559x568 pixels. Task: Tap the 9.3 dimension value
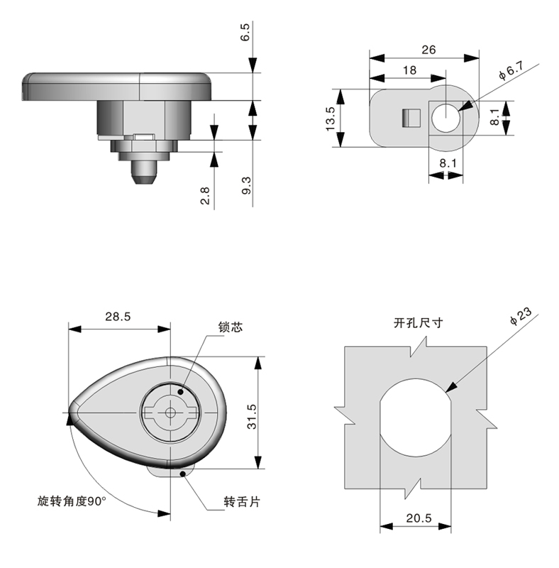point(245,187)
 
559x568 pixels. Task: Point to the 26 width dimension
point(428,50)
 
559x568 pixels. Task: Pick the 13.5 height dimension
point(330,118)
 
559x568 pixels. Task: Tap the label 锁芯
point(231,327)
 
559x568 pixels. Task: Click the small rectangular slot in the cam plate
point(408,118)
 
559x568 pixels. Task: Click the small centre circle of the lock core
point(170,413)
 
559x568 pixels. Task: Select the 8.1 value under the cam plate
point(448,163)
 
